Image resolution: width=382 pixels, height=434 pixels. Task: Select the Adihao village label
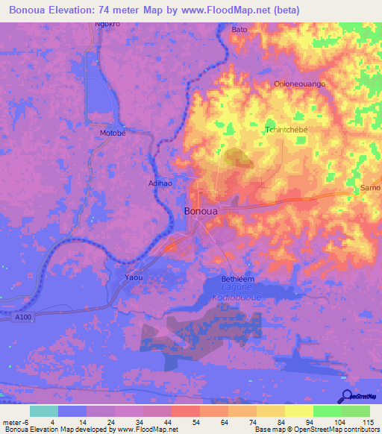coord(162,182)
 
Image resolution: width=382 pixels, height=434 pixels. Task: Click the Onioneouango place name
coord(301,84)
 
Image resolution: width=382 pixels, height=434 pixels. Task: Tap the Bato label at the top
coord(239,30)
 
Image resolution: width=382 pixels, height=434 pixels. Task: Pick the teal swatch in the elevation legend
coord(43,411)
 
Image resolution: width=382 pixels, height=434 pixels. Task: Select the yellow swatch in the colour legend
coord(298,411)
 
